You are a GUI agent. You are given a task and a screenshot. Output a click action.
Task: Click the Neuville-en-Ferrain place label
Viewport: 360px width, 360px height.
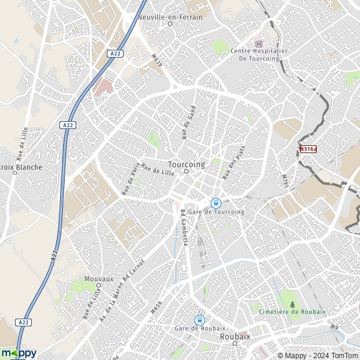[x=170, y=17]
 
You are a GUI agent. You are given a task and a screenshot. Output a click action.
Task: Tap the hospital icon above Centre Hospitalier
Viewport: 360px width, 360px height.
[x=259, y=43]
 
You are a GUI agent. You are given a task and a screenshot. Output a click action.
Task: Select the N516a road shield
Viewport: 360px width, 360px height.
[x=307, y=148]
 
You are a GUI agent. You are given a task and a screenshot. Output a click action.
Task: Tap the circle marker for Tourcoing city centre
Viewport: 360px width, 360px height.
[x=187, y=172]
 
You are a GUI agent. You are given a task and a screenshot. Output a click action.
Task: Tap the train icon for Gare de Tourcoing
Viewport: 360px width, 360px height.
[x=216, y=203]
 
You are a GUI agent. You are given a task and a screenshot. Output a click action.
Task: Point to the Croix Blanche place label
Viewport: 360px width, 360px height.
[x=21, y=167]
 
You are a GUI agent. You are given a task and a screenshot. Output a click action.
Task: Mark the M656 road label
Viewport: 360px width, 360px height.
[x=157, y=307]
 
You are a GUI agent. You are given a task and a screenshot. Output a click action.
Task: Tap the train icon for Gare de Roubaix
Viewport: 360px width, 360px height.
[x=200, y=320]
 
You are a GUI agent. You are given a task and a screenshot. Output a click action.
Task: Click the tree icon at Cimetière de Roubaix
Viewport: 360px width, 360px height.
[x=293, y=304]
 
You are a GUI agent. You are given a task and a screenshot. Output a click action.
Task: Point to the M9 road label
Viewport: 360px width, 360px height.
[x=334, y=327]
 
